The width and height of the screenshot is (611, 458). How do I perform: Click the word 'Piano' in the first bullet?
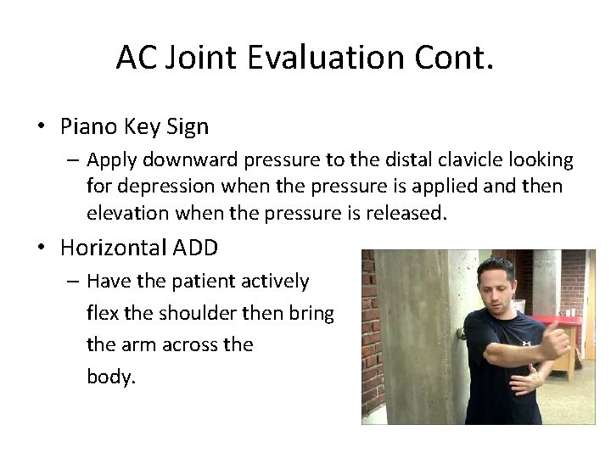[86, 127]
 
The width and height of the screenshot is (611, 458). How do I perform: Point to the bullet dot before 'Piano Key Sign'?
[42, 128]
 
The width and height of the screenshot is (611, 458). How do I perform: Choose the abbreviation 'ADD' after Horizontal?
[195, 249]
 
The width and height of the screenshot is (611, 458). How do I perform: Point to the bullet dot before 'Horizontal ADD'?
[42, 249]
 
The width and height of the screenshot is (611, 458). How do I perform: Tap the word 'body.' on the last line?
[110, 377]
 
